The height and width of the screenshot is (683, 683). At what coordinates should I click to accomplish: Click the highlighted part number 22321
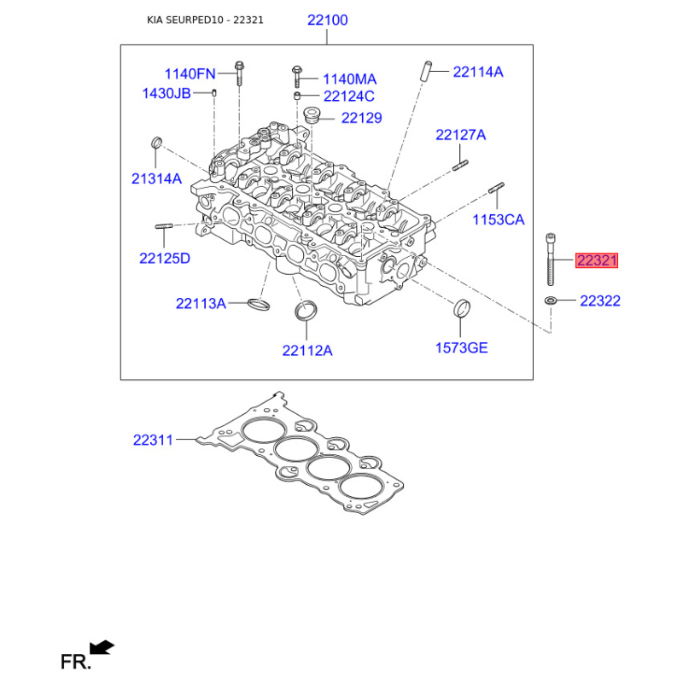pos(597,260)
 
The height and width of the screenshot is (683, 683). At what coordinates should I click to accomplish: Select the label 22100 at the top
pos(328,20)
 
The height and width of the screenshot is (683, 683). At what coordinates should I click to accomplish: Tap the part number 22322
pos(600,301)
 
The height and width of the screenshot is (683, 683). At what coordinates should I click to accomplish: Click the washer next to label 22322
pos(551,301)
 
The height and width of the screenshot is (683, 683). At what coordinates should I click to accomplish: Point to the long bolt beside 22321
pos(551,260)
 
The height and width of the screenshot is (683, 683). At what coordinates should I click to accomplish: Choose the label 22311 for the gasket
pos(153,440)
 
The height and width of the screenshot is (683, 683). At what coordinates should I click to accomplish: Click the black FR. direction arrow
pos(102,647)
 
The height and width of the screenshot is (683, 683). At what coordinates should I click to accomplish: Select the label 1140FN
pos(190,74)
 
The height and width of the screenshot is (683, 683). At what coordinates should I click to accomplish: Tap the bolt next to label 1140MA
pos(296,77)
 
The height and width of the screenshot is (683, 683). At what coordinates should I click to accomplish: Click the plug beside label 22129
pos(312,115)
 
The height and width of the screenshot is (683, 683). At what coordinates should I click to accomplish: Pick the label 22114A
pos(478,72)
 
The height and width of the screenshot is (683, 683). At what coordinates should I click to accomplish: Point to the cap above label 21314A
pos(156,143)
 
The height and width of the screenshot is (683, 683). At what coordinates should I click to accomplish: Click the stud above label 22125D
pos(164,226)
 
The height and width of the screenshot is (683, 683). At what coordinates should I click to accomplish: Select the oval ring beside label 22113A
pos(259,304)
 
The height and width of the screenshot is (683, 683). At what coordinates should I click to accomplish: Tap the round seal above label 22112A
pos(306,310)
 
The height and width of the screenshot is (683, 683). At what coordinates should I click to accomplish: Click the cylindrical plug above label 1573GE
pos(462,309)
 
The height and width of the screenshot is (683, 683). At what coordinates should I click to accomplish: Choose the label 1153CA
pos(499,219)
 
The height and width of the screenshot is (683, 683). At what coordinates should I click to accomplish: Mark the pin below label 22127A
pos(460,166)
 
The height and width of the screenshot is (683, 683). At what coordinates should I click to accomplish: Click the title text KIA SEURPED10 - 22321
pos(205,20)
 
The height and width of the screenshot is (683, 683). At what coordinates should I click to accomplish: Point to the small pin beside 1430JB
pos(214,93)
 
